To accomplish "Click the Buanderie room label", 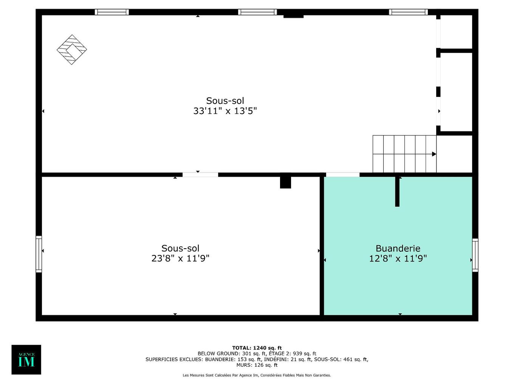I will tap(398, 249).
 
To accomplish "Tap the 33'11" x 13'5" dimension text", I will tap(225, 111).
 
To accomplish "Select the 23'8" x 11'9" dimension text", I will tap(180, 258).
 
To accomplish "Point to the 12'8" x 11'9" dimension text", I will tap(398, 258).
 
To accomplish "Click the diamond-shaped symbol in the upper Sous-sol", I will tap(72, 50).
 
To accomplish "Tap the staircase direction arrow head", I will tap(434, 154).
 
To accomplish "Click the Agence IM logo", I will tap(26, 360).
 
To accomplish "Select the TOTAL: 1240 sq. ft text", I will tap(257, 348).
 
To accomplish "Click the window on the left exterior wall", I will tap(39, 254).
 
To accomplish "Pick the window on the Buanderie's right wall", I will tap(475, 255).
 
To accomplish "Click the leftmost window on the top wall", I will tap(111, 12).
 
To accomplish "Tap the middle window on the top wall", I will tap(257, 12).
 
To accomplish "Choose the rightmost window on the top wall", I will tap(408, 12).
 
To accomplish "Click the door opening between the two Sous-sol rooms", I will tap(200, 175).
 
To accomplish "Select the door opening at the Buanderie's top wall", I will tap(342, 175).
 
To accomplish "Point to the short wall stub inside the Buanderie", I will tap(397, 191).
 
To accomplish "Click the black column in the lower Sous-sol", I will tap(285, 182).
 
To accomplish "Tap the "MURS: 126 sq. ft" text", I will tap(257, 365).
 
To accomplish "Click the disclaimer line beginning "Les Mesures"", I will tap(257, 375).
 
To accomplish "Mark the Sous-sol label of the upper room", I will tap(225, 101).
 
